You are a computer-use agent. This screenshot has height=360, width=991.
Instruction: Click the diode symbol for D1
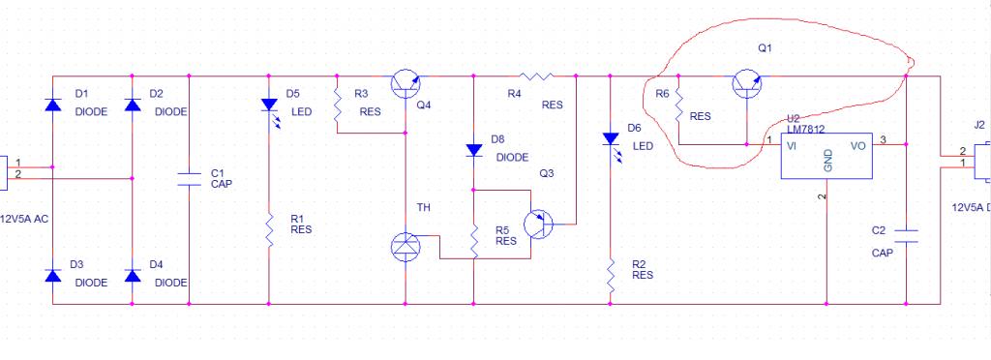click(x=52, y=105)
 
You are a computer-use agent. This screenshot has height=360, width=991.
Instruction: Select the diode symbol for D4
click(x=132, y=276)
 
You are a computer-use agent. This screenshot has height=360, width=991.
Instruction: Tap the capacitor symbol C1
click(x=189, y=179)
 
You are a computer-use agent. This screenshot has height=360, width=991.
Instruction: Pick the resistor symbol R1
click(x=269, y=230)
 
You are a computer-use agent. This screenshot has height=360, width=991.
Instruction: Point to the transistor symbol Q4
click(x=405, y=84)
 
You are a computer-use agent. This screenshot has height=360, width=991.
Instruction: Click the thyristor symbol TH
click(x=405, y=247)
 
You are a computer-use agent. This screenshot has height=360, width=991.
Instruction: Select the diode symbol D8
click(x=474, y=150)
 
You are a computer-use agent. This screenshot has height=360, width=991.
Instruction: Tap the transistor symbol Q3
click(x=538, y=225)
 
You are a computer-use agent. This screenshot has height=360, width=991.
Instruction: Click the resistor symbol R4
click(x=536, y=76)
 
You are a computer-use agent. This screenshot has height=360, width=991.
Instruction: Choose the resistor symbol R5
click(x=474, y=241)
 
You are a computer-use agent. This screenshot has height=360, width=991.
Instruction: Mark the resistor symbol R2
click(x=611, y=275)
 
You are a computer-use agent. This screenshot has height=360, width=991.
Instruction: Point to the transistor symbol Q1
click(x=746, y=84)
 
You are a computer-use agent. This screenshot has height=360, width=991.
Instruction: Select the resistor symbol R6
click(x=678, y=105)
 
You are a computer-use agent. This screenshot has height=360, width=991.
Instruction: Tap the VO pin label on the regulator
click(x=857, y=146)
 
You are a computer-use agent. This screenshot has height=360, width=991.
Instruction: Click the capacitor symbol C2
click(x=906, y=235)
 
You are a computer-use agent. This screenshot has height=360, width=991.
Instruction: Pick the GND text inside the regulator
click(x=827, y=161)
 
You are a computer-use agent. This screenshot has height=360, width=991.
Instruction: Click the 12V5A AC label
click(x=24, y=219)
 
